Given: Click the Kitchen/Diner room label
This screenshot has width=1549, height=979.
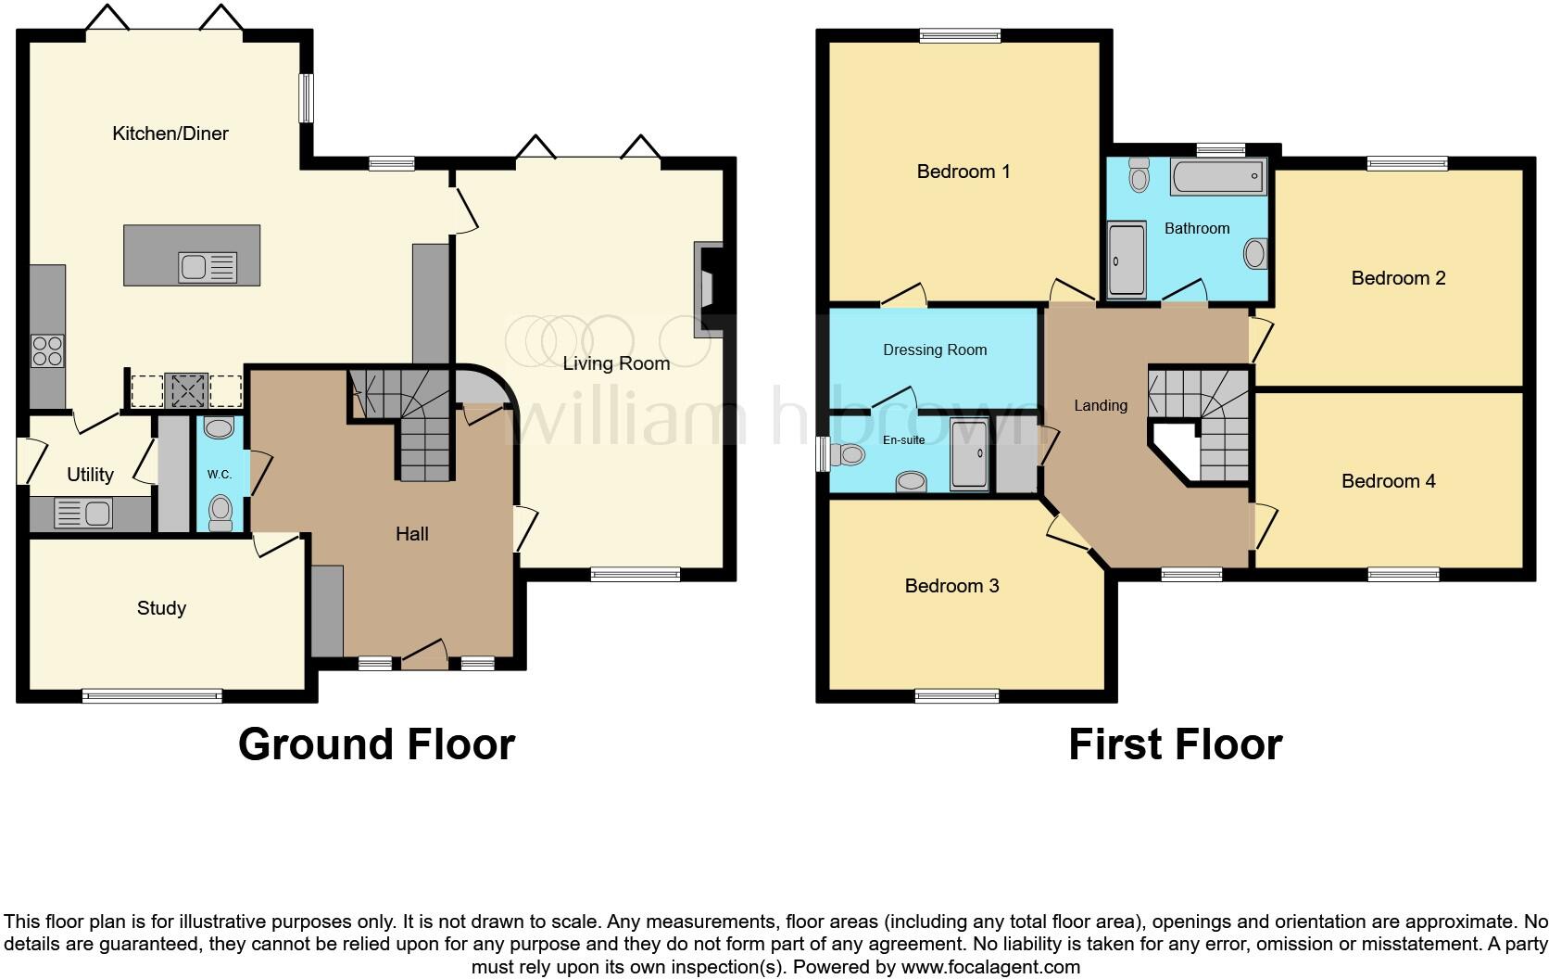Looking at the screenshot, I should point(170,133).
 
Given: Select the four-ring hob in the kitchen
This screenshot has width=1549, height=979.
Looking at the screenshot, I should point(47,350).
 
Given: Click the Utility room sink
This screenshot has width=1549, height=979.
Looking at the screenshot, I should point(83,513).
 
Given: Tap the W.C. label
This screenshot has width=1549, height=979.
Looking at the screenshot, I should point(220,475).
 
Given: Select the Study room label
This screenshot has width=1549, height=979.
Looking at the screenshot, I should point(161,608).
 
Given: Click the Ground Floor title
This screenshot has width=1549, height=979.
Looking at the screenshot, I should point(376,744).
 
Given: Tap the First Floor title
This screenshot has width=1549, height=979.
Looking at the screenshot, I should point(1175,744).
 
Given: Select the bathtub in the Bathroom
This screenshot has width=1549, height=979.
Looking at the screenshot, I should point(1218,176).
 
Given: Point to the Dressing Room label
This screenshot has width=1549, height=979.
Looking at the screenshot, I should point(935,350).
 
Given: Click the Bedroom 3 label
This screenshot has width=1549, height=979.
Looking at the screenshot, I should point(951,586).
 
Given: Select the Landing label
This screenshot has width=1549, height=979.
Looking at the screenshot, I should point(1101,405).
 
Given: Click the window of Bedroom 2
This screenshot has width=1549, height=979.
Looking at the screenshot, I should point(1407,164).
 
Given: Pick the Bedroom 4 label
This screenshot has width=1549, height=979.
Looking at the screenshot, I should point(1388,481).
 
